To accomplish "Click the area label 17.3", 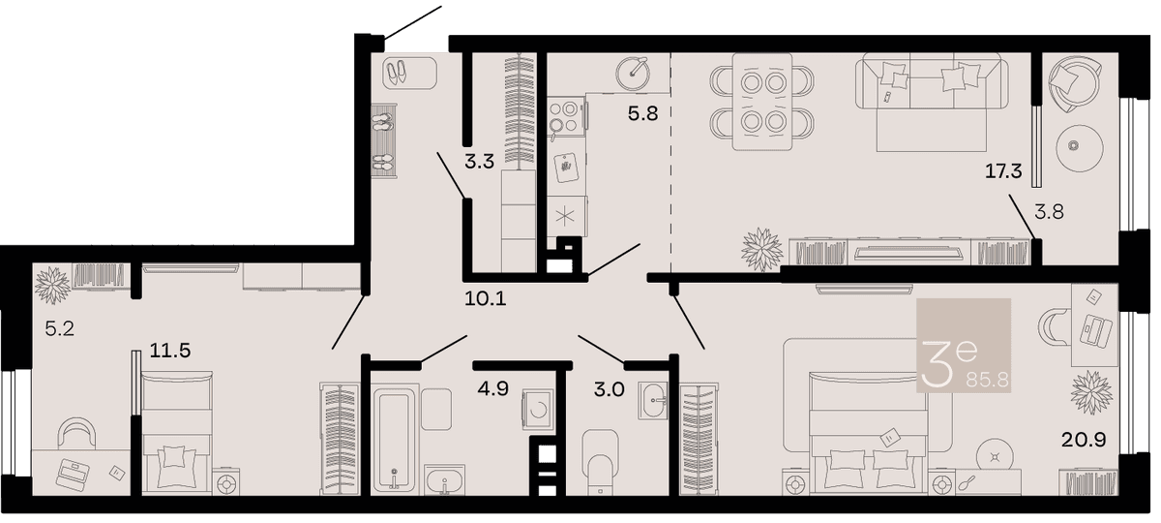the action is coord(1003,171).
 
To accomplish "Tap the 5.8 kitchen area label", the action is coord(642,113).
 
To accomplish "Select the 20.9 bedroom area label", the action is coord(1084,440).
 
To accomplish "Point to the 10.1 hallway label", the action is coord(485,299).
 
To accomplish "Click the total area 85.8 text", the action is coord(988,381).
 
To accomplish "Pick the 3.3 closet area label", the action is coord(480,162).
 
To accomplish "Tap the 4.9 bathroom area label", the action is coord(492,388).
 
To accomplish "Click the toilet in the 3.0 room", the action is coord(600,462).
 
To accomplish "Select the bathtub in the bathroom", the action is coord(395,439).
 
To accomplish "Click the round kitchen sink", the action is coord(633,75).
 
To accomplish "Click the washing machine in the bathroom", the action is coord(538,410).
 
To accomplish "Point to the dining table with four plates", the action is coord(762,102).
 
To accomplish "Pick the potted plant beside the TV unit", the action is coord(761,250).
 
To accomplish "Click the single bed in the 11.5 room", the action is coord(177,432).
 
